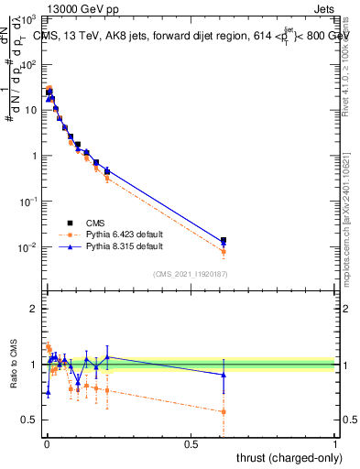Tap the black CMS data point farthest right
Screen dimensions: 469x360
(224, 240)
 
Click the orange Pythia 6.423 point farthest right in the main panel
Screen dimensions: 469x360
(224, 251)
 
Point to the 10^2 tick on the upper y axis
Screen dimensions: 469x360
(27, 65)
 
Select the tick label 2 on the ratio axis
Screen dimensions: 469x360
(33, 309)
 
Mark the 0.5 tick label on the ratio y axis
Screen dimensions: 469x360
(29, 420)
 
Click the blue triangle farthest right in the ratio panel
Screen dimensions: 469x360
(224, 375)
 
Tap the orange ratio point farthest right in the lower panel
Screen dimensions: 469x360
(224, 411)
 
